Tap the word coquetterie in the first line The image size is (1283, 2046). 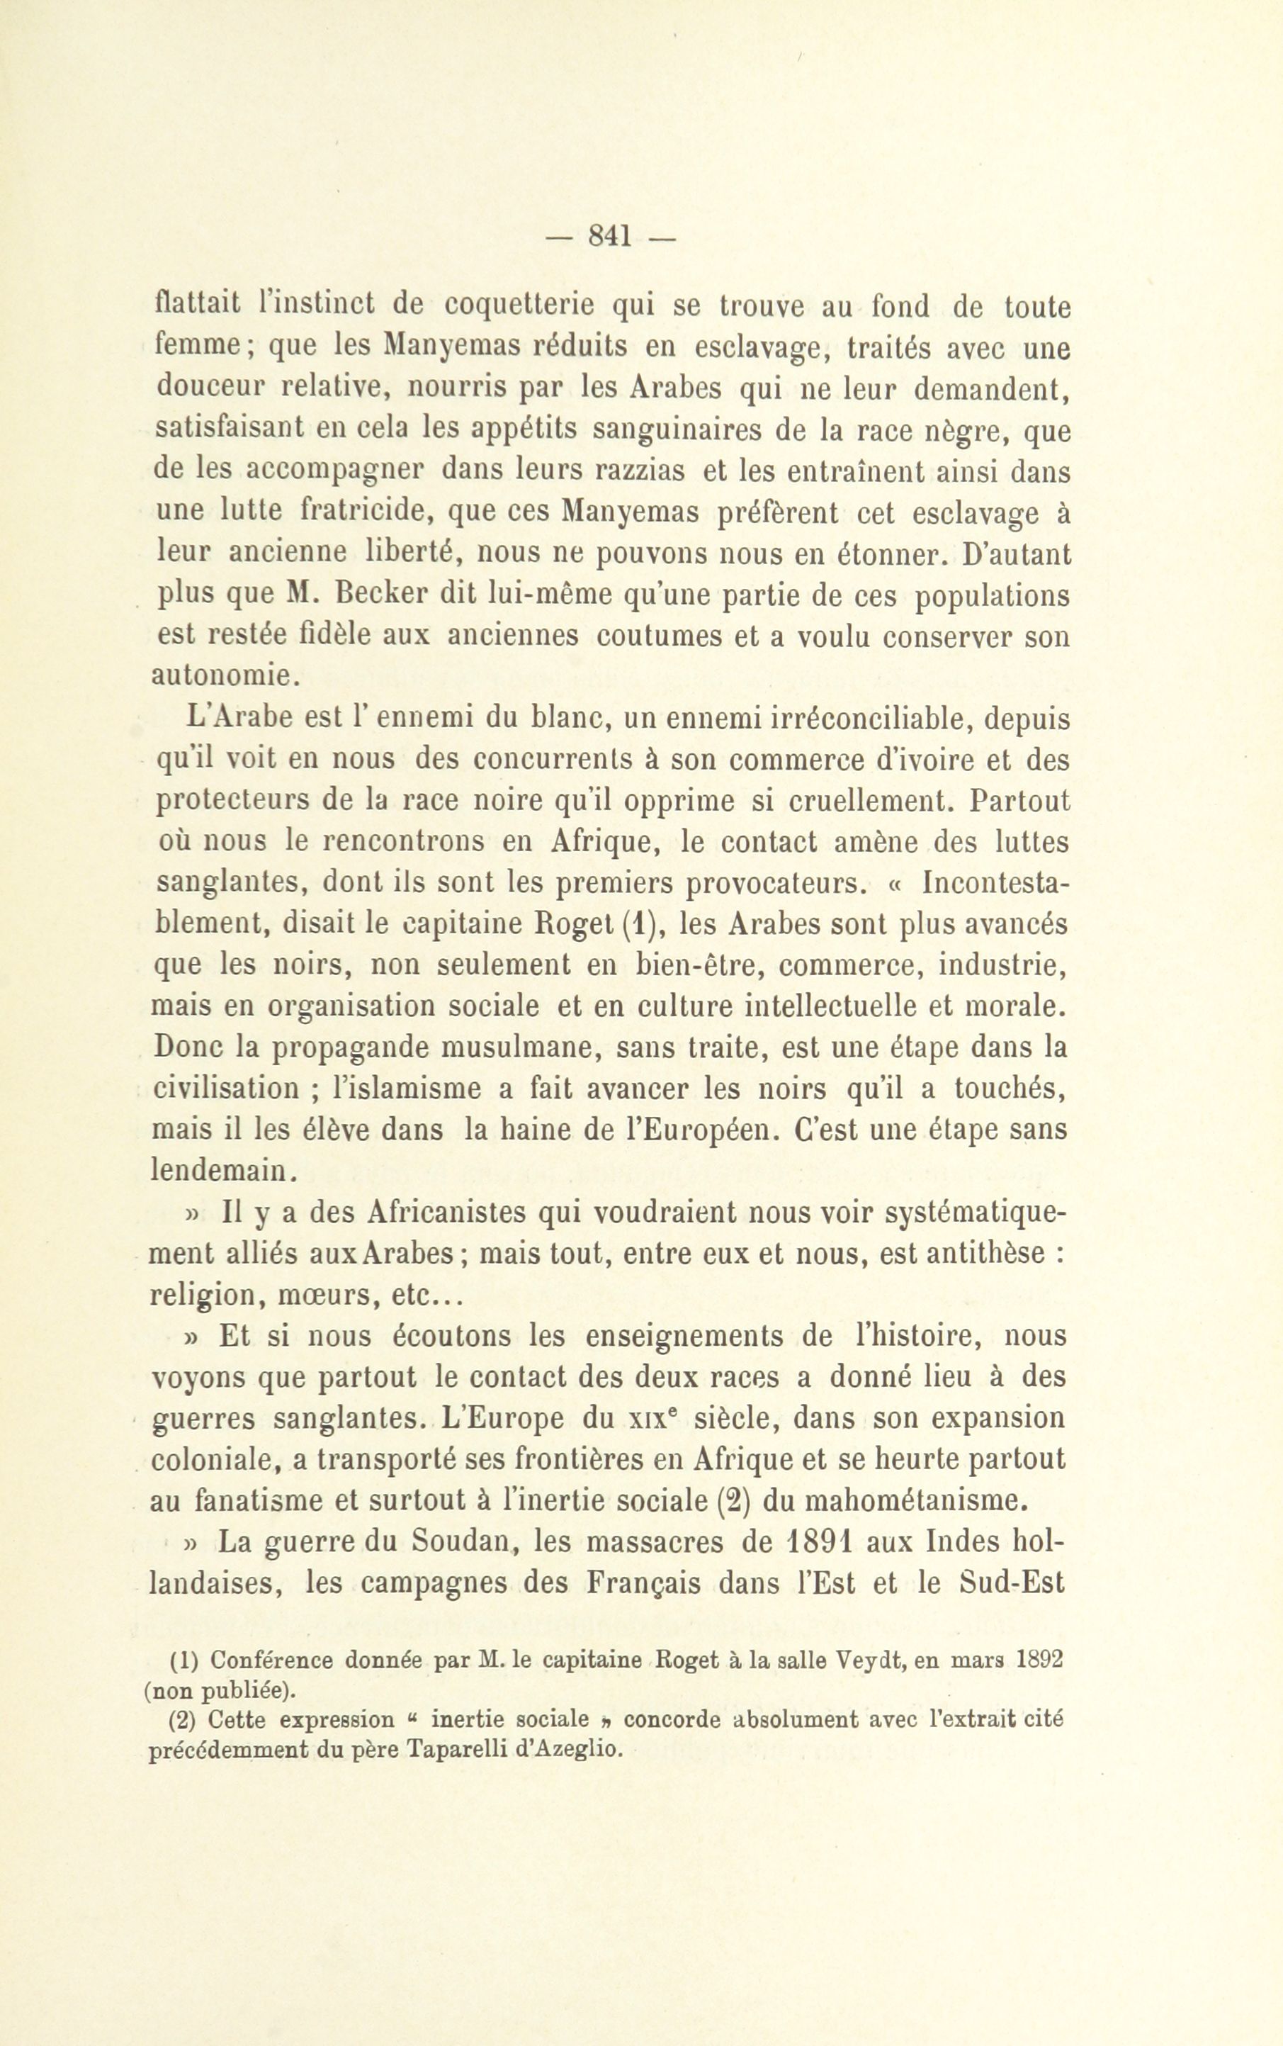[x=519, y=305]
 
